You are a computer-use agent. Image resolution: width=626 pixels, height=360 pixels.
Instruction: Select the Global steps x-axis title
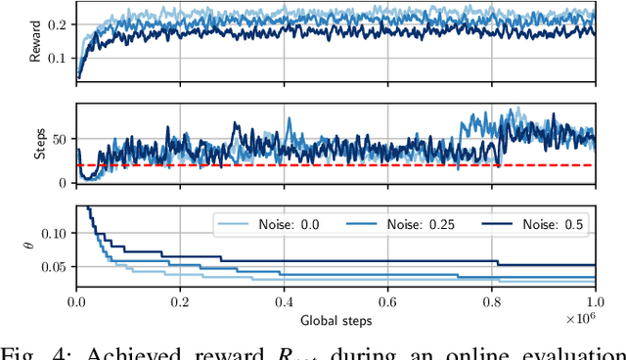pyautogui.click(x=335, y=318)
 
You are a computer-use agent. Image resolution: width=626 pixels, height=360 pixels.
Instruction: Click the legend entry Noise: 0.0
pyautogui.click(x=263, y=225)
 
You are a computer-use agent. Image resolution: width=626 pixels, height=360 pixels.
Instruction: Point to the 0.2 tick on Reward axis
pyautogui.click(x=59, y=22)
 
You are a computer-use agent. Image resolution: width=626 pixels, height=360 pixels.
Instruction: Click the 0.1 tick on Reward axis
pyautogui.click(x=59, y=58)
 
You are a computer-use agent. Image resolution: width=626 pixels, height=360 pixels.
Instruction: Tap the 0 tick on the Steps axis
pyautogui.click(x=66, y=183)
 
